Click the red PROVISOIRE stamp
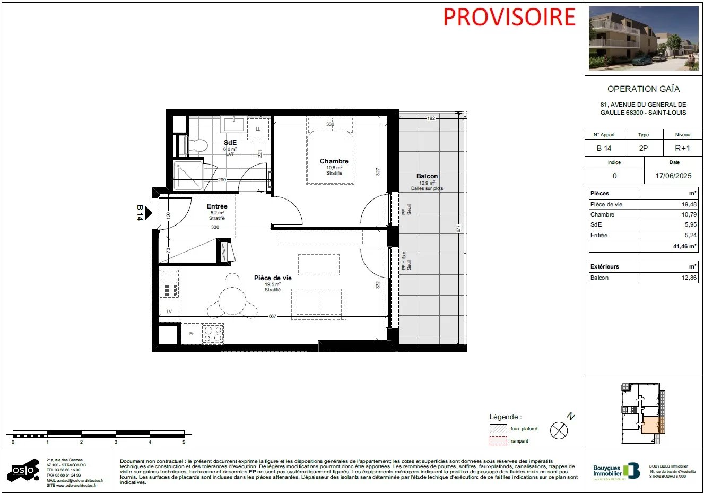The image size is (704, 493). (x=509, y=17)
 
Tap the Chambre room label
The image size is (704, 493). (x=334, y=161)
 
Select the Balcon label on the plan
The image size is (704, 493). (x=427, y=176)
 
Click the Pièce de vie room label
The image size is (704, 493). (x=273, y=278)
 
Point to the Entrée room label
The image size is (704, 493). (x=217, y=206)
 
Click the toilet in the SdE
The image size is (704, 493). (x=199, y=144)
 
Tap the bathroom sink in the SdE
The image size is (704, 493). (x=233, y=125)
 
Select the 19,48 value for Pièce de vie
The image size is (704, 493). (x=689, y=204)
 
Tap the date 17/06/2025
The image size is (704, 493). (x=673, y=176)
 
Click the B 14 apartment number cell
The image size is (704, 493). (x=604, y=149)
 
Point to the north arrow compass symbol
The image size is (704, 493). (x=559, y=430)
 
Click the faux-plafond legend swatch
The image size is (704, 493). (x=498, y=429)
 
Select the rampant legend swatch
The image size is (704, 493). (x=498, y=441)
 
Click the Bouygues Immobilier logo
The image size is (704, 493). (x=616, y=471)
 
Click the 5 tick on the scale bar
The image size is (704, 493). (x=184, y=442)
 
